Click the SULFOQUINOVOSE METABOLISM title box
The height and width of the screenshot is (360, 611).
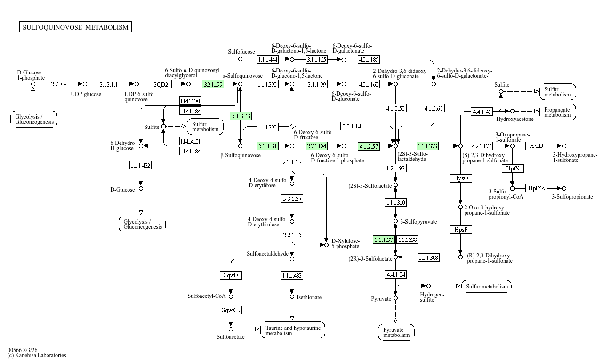(x=76, y=27)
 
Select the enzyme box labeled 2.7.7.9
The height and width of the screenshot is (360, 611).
(x=59, y=84)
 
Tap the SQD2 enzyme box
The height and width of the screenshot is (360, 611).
(x=161, y=84)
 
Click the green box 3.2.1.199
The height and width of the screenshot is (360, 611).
(x=213, y=84)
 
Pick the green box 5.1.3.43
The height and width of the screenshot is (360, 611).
(x=241, y=116)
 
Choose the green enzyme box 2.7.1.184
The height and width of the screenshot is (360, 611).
(x=317, y=146)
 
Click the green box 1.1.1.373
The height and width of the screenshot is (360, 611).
(x=428, y=146)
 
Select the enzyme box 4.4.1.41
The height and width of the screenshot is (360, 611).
(x=482, y=112)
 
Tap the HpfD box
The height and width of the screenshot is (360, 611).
(x=536, y=146)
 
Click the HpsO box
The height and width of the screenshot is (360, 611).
(x=461, y=178)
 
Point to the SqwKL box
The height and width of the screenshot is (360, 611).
(x=231, y=310)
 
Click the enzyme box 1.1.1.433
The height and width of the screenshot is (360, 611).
(x=292, y=275)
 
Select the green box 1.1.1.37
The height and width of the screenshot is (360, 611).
(x=384, y=240)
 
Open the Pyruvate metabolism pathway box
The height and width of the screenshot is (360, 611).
(x=396, y=332)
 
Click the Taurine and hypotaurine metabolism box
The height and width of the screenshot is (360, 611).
(x=293, y=330)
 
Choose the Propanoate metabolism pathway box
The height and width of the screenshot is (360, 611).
(x=557, y=112)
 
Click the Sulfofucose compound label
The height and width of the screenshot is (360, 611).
(x=241, y=52)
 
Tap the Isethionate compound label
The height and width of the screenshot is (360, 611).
(x=309, y=297)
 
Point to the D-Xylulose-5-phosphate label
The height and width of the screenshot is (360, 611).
(x=346, y=244)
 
